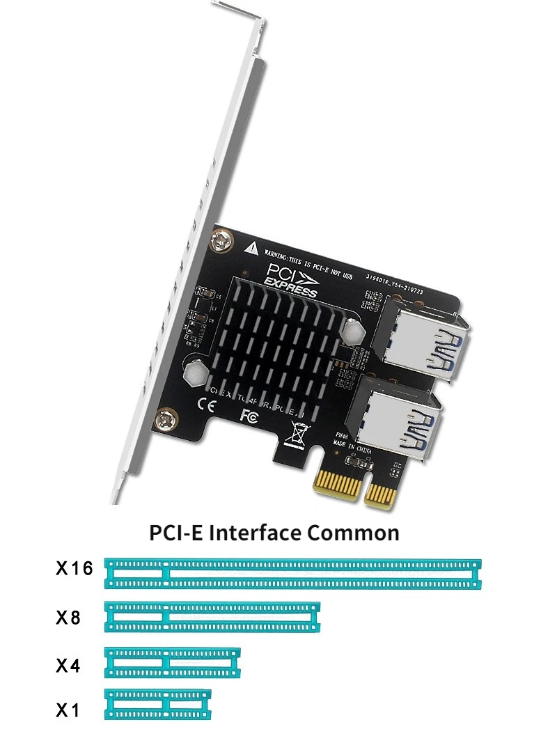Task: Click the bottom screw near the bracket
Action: (167, 419)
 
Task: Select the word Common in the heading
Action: (354, 533)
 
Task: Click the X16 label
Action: (74, 569)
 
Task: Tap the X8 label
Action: (68, 617)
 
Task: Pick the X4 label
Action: (68, 666)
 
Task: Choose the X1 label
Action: (68, 711)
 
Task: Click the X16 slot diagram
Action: (292, 573)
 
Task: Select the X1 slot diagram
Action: (158, 704)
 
